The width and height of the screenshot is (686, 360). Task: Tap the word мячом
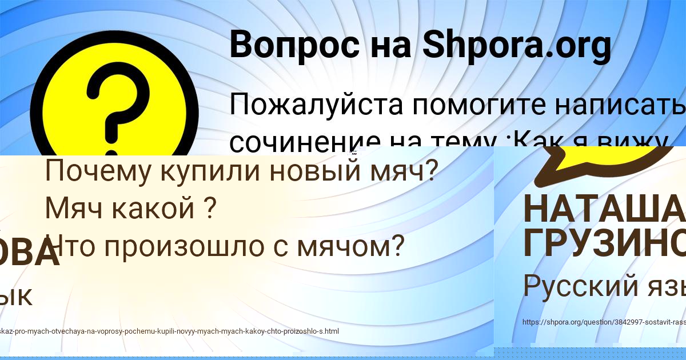pos(349,246)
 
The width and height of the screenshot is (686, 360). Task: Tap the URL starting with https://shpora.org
pos(604,322)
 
